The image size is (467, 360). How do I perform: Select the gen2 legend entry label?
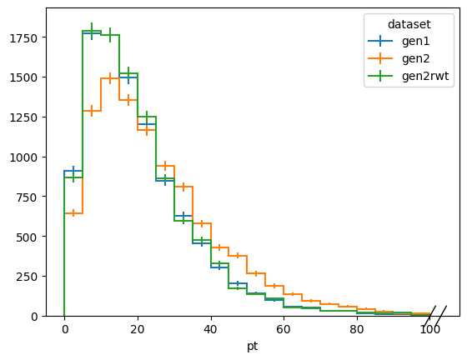tap(416, 58)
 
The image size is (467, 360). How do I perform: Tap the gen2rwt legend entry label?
tap(425, 76)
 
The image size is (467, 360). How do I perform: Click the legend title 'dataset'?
tap(409, 24)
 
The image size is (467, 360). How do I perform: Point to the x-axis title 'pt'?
tap(252, 347)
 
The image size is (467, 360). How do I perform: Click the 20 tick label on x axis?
tap(138, 329)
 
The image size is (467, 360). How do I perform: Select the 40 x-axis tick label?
tap(210, 329)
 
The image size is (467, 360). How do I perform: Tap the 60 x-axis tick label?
tap(284, 329)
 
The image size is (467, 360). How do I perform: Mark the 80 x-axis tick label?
tap(357, 329)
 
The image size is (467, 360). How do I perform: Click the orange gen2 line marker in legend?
tap(380, 58)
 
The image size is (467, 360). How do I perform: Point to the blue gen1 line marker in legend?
tap(380, 41)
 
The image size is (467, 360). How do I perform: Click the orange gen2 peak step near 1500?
tap(110, 78)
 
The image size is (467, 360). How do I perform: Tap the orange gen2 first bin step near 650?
tap(73, 213)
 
